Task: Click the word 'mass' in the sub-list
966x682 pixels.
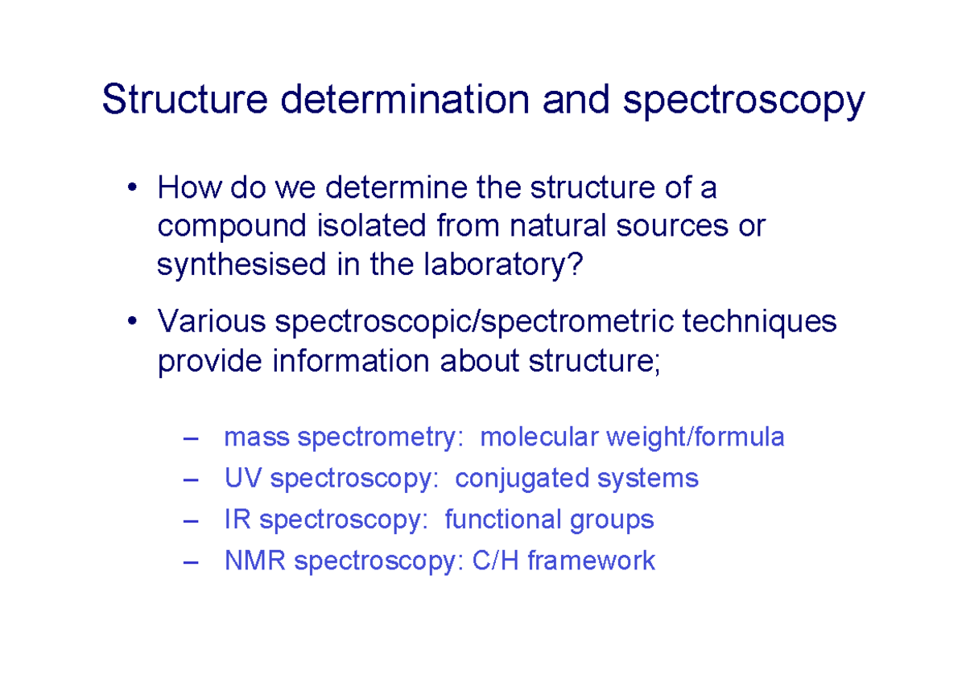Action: click(x=258, y=438)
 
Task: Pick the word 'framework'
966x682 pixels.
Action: click(x=591, y=561)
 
